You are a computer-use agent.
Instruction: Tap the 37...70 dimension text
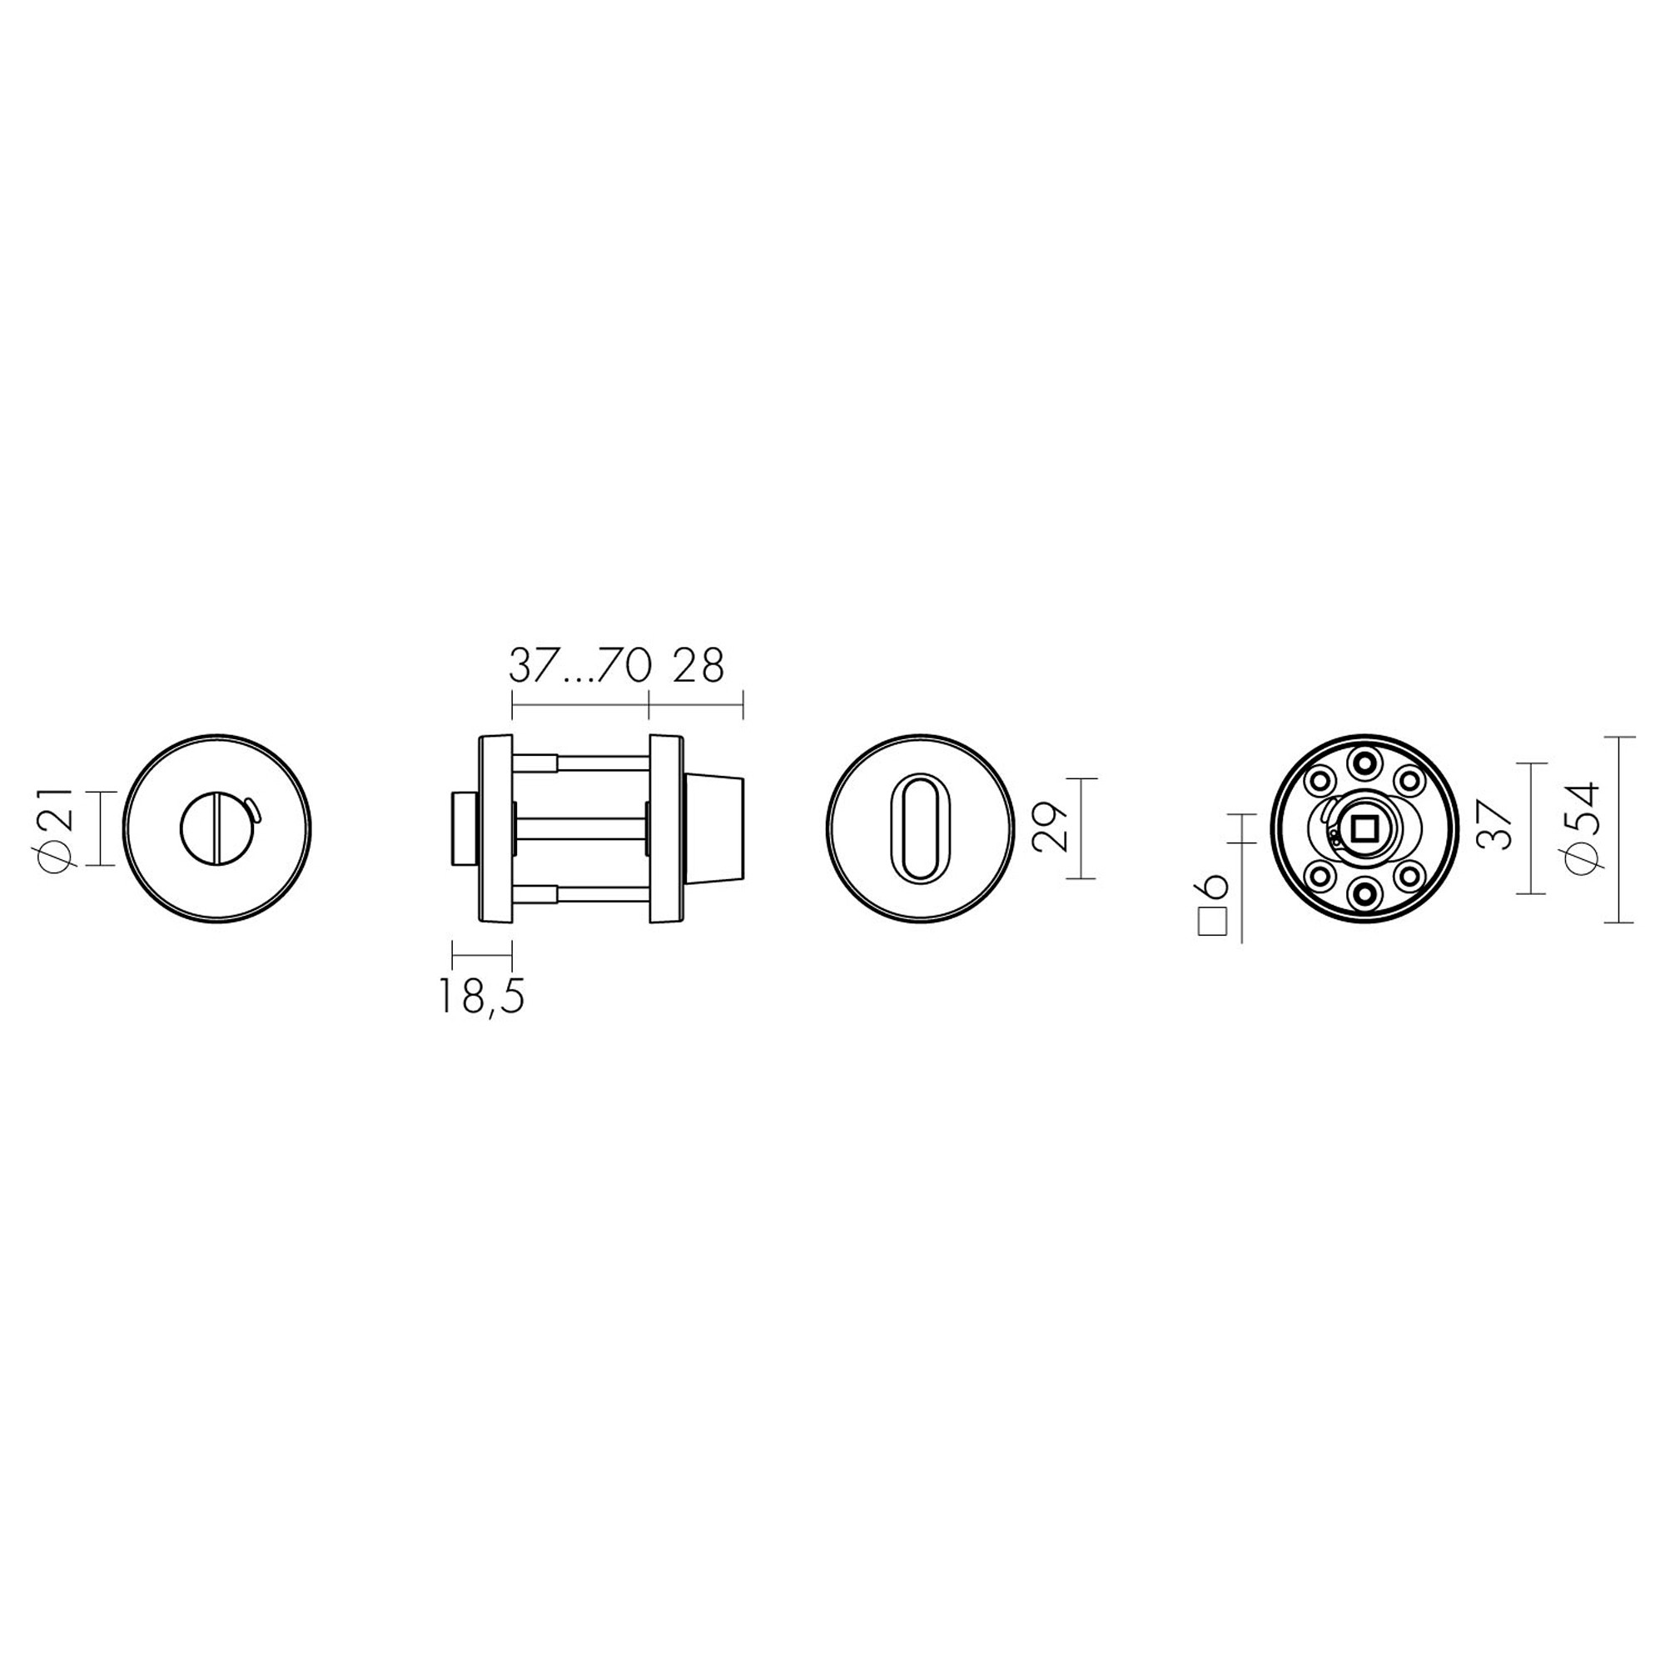click(579, 666)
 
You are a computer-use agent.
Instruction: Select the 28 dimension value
click(698, 666)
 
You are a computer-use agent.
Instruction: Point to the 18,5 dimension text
click(481, 997)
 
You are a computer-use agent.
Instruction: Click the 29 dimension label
click(1051, 828)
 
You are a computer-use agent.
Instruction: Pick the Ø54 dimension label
click(1583, 829)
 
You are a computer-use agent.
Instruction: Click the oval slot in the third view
click(919, 829)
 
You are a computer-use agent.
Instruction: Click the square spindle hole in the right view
click(1366, 829)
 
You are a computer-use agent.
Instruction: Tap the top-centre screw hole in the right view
click(1366, 762)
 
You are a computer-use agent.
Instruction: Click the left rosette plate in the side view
click(496, 828)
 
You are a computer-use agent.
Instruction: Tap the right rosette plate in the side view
click(664, 828)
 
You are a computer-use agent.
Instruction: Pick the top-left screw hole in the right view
click(1320, 781)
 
